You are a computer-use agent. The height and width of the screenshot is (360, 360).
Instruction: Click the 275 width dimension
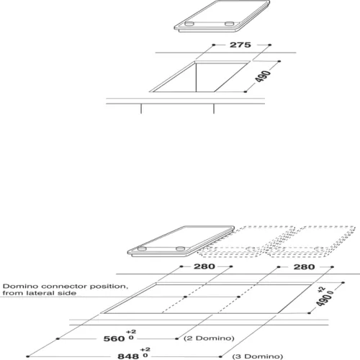click(240, 45)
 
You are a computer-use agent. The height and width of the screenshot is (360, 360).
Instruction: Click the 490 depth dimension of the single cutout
click(263, 76)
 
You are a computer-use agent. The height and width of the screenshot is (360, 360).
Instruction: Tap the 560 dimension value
click(114, 338)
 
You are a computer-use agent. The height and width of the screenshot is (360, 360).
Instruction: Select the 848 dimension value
click(128, 356)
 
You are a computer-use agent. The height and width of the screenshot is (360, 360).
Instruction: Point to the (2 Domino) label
click(209, 338)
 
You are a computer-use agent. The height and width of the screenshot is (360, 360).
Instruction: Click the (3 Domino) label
click(258, 356)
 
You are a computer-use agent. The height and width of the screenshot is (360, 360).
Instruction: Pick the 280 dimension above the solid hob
click(204, 266)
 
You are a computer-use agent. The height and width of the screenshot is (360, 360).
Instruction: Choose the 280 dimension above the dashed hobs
click(304, 267)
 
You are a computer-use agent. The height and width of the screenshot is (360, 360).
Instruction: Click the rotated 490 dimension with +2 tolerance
click(324, 297)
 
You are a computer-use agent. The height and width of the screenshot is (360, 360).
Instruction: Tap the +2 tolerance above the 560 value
click(131, 331)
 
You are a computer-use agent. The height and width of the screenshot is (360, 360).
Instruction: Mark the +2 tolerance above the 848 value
click(145, 349)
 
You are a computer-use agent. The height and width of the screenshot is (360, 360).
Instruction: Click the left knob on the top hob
click(189, 24)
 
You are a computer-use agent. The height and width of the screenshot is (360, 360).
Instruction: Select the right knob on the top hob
click(229, 24)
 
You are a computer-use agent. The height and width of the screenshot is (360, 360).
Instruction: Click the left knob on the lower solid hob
click(142, 248)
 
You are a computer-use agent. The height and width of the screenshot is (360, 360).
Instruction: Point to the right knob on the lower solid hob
click(180, 248)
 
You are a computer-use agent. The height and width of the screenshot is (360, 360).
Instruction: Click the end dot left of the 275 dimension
click(214, 45)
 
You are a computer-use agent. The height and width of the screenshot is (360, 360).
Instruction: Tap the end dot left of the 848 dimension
click(28, 356)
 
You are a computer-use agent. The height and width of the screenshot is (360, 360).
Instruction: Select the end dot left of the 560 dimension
click(58, 338)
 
